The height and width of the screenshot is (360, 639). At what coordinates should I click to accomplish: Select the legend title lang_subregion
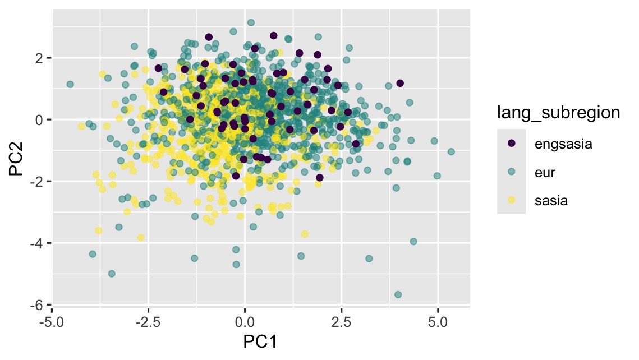(x=558, y=113)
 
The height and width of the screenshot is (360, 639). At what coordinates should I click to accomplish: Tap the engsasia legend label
(x=563, y=144)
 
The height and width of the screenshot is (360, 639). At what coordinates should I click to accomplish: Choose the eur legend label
(x=544, y=172)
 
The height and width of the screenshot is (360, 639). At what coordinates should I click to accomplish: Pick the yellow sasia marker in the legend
(x=511, y=200)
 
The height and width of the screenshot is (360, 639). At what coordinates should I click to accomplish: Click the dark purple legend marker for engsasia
(x=511, y=144)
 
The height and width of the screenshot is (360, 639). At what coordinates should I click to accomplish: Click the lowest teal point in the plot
(x=398, y=294)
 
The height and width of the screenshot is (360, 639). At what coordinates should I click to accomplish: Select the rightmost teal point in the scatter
(x=451, y=151)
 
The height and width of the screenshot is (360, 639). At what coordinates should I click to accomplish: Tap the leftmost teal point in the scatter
(x=70, y=84)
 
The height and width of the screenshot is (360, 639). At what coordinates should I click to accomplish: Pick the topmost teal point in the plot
(x=251, y=22)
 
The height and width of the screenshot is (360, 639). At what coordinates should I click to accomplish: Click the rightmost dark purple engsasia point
(x=400, y=83)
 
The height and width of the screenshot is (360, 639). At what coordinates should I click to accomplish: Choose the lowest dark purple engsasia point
(x=319, y=178)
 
